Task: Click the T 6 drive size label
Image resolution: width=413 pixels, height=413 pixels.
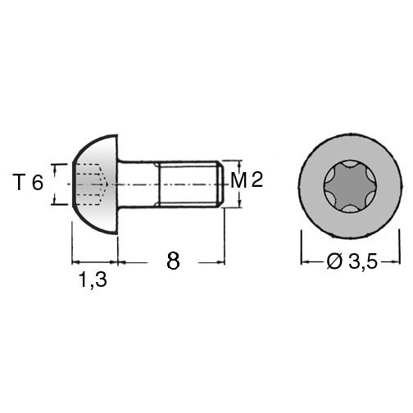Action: click(x=28, y=183)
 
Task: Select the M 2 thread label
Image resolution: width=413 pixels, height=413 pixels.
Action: click(x=247, y=180)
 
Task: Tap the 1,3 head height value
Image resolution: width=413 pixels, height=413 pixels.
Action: click(x=93, y=279)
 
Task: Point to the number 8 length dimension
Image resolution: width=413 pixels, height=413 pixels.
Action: click(x=173, y=261)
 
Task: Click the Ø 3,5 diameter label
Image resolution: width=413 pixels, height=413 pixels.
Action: click(x=352, y=261)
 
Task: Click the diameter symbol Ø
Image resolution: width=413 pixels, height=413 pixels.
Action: click(x=334, y=261)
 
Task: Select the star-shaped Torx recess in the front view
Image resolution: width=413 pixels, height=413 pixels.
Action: click(x=350, y=186)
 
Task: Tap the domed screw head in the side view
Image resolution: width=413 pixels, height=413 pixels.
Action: click(x=95, y=184)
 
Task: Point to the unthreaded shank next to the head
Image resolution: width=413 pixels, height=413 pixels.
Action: click(x=138, y=184)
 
